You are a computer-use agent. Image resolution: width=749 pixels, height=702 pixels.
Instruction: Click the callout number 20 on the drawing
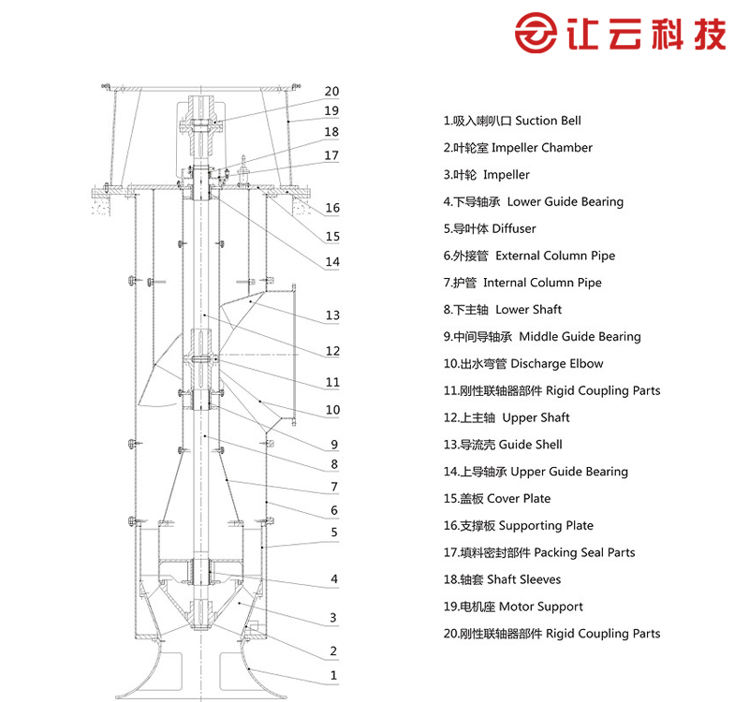pyautogui.click(x=331, y=91)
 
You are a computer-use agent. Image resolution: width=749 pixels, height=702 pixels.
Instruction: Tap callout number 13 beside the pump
pyautogui.click(x=332, y=315)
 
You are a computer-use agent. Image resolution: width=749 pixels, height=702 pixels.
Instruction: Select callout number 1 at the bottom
pyautogui.click(x=333, y=675)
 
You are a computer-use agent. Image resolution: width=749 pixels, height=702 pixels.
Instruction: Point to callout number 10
pyautogui.click(x=332, y=409)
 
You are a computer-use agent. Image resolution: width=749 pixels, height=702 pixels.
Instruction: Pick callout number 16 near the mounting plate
pyautogui.click(x=332, y=208)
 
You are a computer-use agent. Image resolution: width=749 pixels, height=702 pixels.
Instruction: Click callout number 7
pyautogui.click(x=334, y=487)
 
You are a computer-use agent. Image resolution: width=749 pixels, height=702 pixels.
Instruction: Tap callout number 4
pyautogui.click(x=334, y=578)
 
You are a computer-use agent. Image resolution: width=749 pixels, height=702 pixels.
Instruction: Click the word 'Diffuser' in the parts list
pyautogui.click(x=514, y=228)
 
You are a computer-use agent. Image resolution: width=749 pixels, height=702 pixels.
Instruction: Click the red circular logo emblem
pyautogui.click(x=536, y=33)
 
